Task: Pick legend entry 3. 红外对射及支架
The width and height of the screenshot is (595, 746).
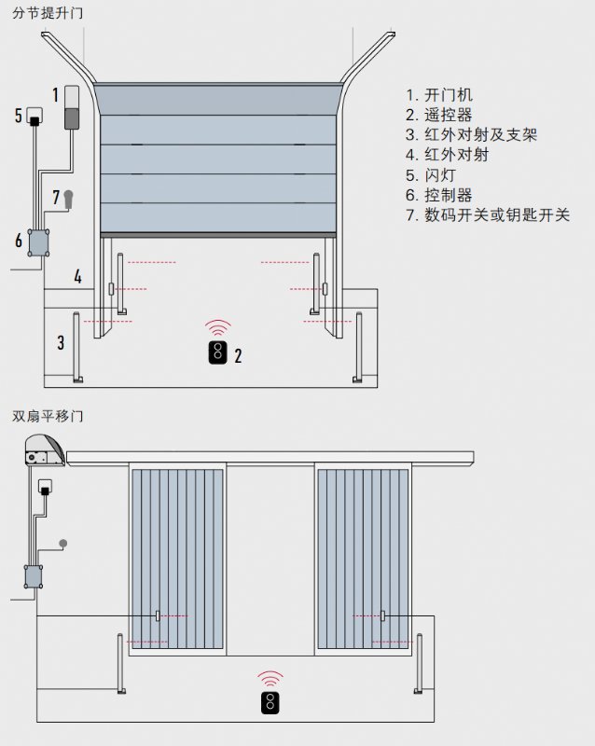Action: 472,135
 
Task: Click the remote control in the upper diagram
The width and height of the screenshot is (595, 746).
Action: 217,353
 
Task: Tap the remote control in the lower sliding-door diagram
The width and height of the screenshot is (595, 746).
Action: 270,704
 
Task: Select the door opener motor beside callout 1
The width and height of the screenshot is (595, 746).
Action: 73,108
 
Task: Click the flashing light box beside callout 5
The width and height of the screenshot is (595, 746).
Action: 35,117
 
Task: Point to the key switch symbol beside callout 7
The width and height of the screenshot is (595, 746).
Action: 68,198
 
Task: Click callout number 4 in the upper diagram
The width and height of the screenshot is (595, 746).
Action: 78,277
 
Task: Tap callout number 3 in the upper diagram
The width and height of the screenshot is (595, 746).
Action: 61,342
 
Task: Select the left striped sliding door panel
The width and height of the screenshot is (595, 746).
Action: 177,559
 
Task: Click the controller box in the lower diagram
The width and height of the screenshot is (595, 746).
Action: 35,577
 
